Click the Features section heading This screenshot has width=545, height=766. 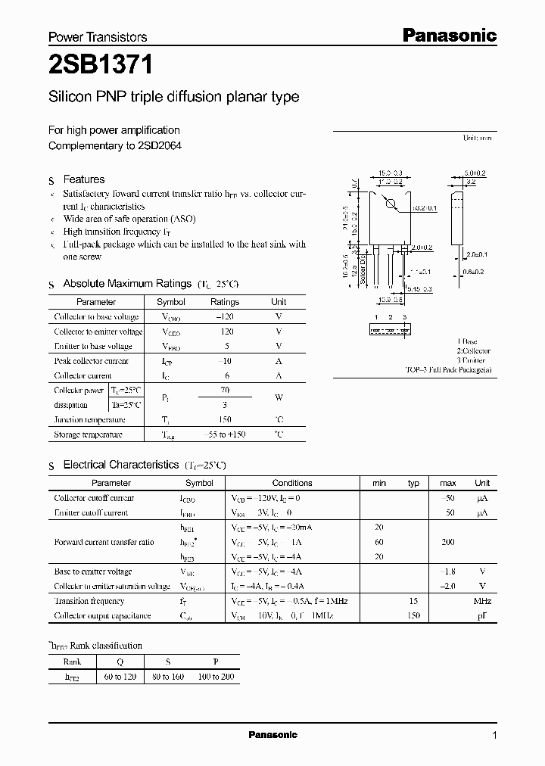click(83, 179)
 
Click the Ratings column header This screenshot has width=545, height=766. click(225, 302)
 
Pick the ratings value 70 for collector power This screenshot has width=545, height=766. click(225, 391)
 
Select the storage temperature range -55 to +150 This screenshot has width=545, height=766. click(225, 435)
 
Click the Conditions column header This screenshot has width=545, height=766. click(292, 483)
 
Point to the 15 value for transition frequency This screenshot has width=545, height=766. click(413, 601)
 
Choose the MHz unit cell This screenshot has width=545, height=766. click(482, 601)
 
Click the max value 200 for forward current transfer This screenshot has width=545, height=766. click(448, 543)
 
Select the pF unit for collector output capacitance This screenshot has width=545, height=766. click(482, 616)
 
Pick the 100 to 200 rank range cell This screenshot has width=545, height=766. click(216, 677)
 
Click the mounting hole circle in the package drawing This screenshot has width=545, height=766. click(391, 204)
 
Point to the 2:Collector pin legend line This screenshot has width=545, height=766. click(473, 351)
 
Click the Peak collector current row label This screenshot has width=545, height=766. click(92, 361)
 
